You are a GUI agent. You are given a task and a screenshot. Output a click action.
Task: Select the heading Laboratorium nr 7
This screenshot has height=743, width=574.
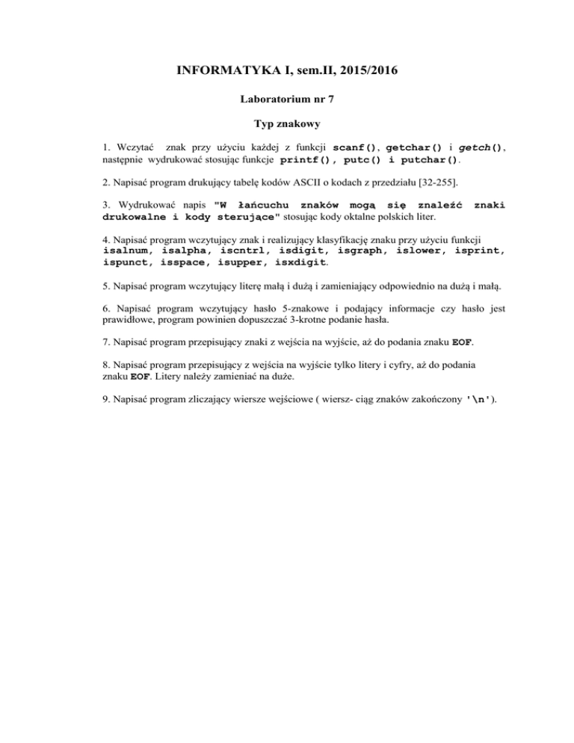(x=287, y=98)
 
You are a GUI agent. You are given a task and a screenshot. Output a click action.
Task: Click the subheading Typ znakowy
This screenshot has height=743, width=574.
(x=287, y=129)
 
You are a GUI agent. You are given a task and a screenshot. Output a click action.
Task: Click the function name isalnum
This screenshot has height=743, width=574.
(x=127, y=251)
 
